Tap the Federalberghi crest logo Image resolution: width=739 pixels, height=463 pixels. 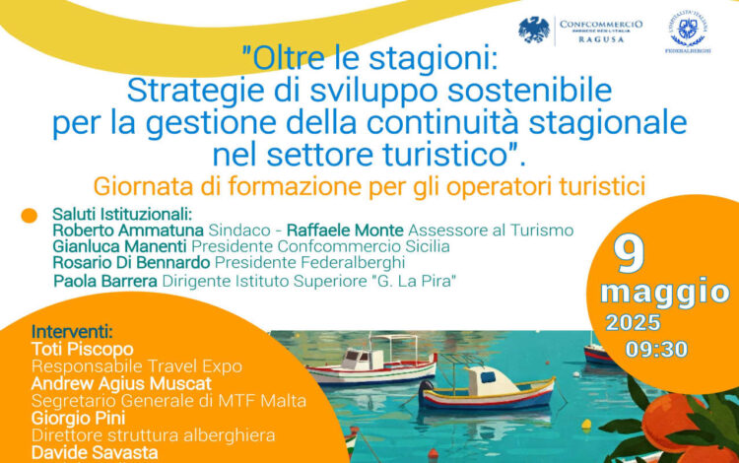click(x=687, y=31)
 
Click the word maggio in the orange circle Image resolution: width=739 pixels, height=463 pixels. click(x=665, y=292)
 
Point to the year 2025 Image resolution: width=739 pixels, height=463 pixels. click(x=634, y=323)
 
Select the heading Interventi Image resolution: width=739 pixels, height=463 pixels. click(x=72, y=332)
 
